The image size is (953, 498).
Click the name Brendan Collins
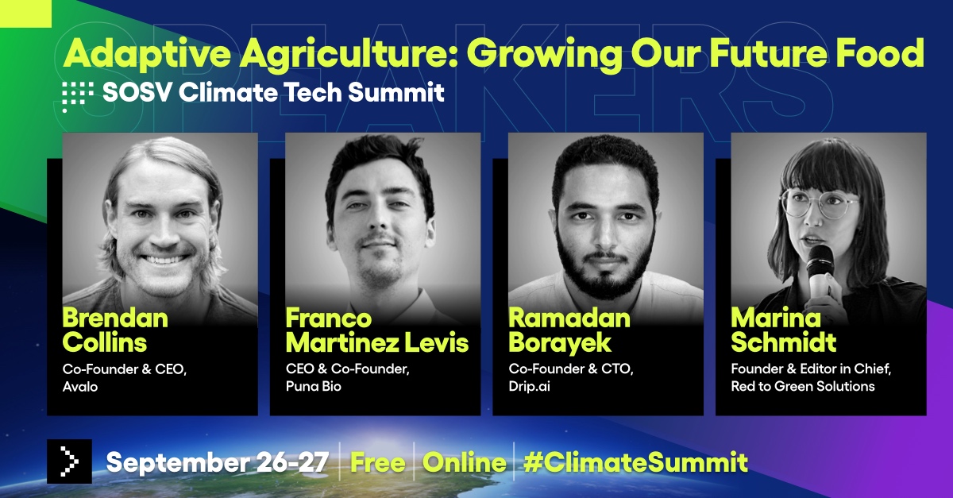[115, 330]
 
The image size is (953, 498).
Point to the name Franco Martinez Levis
[377, 330]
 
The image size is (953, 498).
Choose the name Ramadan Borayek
[569, 330]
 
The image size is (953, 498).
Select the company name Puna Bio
[313, 386]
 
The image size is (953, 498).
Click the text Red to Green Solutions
[803, 386]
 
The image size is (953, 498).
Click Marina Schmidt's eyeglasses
[818, 204]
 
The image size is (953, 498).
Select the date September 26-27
[217, 462]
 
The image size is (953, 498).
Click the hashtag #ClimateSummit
[635, 462]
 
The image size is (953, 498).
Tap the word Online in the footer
[464, 462]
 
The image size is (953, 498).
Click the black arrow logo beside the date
[69, 461]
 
